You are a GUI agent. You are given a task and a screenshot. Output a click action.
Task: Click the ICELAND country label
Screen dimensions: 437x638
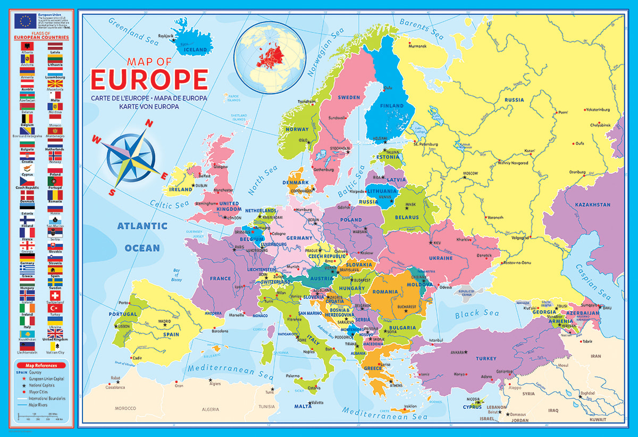195,50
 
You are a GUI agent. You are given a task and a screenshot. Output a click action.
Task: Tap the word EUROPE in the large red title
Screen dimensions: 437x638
149,79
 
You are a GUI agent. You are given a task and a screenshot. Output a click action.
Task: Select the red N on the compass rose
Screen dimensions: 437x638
149,123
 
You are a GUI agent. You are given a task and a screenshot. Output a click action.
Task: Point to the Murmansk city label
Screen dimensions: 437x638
417,46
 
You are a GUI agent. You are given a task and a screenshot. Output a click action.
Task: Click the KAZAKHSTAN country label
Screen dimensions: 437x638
592,204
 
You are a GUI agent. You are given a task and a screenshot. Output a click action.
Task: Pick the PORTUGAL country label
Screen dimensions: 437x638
123,314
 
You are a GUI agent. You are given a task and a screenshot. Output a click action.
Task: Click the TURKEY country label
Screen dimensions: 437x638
486,358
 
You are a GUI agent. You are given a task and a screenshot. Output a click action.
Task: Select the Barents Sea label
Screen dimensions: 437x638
421,29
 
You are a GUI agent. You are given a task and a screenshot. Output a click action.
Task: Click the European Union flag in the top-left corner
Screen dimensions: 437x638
26,21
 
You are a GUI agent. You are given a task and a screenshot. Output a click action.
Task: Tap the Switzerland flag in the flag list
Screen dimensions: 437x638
55,295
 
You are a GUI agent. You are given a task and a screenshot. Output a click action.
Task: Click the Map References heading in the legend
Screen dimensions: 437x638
40,366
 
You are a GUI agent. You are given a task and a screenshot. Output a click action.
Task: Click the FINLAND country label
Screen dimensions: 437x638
391,106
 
